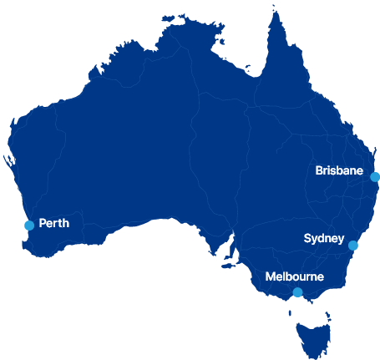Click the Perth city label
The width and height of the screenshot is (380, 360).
click(x=53, y=224)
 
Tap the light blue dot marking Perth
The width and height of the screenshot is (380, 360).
click(x=29, y=226)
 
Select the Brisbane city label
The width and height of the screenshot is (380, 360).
click(x=339, y=170)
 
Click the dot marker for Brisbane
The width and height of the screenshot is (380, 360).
click(x=375, y=177)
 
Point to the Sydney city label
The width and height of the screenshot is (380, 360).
click(x=323, y=238)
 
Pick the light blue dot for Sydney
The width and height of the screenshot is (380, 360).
click(x=353, y=246)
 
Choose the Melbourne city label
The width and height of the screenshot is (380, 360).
click(x=294, y=276)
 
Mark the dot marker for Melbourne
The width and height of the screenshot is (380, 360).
click(x=297, y=292)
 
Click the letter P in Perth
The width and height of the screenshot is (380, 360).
click(x=43, y=224)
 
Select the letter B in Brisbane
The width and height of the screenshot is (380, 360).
click(x=320, y=170)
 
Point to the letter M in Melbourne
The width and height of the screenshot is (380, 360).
click(x=270, y=276)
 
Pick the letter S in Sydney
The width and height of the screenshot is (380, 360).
click(x=307, y=238)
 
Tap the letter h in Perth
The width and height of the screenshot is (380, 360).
click(x=65, y=224)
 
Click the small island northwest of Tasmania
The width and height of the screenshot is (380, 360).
click(x=290, y=313)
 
